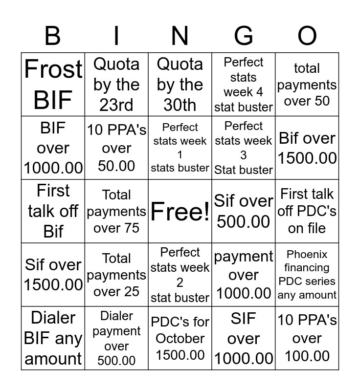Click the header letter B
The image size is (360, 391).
[x=53, y=36]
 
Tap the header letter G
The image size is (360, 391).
[x=244, y=36]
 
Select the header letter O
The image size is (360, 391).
[x=307, y=36]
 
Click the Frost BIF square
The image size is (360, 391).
[x=53, y=85]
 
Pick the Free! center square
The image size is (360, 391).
[x=180, y=212]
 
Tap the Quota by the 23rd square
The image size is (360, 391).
[x=116, y=85]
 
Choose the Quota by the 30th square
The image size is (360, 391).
[x=180, y=85]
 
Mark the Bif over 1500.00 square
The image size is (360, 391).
[x=307, y=148]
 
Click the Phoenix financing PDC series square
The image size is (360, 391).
[x=307, y=275]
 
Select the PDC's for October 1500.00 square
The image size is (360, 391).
[x=180, y=338]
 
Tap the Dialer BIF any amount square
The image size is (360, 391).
[x=53, y=338]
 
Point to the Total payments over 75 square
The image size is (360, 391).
[x=116, y=212]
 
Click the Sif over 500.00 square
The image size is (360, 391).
[x=244, y=212]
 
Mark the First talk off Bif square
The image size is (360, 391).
[x=53, y=212]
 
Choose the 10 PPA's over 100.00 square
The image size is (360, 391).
[x=307, y=338]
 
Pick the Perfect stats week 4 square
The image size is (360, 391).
[x=244, y=85]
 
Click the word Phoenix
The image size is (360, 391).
[x=307, y=255]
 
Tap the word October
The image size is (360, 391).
[x=180, y=338]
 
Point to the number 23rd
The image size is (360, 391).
[x=116, y=105]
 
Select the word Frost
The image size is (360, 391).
[x=53, y=69]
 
